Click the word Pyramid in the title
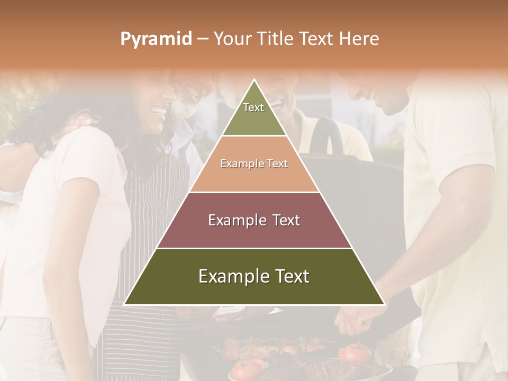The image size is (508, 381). tap(156, 39)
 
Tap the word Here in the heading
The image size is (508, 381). tap(359, 39)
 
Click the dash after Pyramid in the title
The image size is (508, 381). tap(202, 39)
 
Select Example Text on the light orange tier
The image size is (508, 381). tap(254, 164)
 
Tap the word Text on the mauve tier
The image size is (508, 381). tap(283, 220)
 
